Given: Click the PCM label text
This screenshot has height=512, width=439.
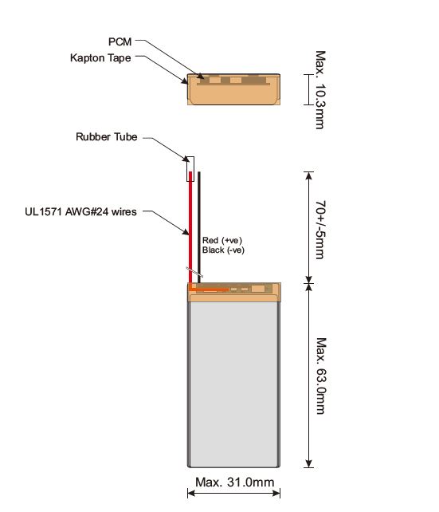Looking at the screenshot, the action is click(120, 41).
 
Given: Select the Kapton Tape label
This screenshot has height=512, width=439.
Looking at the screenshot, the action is click(100, 57).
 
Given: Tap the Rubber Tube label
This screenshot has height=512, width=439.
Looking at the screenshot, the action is click(106, 136).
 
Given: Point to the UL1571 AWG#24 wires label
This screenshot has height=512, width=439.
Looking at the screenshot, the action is click(80, 211).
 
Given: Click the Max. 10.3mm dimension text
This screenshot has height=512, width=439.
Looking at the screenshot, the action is click(320, 90).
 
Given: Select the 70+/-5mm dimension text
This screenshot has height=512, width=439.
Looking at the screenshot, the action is click(320, 230).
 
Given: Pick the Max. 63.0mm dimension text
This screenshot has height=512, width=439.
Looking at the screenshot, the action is click(321, 376).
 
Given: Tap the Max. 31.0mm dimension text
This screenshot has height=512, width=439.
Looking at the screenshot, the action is click(234, 482).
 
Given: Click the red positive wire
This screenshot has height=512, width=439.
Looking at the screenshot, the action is click(190, 227).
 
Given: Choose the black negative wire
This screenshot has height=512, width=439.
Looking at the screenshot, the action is click(199, 227).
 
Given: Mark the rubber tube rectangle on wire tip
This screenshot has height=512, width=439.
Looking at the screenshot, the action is click(190, 169).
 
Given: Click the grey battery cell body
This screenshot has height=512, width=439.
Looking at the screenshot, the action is click(234, 384).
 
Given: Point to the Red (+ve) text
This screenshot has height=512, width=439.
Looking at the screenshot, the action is click(222, 240).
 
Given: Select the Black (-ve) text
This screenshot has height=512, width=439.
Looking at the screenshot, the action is click(223, 250).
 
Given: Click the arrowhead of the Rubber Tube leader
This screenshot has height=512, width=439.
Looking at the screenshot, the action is click(186, 159).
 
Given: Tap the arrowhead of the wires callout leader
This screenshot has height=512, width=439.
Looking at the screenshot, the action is click(186, 232).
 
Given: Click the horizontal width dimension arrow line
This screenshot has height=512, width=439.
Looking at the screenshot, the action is click(234, 493).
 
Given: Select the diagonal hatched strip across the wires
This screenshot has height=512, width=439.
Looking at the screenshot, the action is click(194, 272).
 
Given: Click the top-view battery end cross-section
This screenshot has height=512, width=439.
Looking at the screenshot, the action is click(234, 89).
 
